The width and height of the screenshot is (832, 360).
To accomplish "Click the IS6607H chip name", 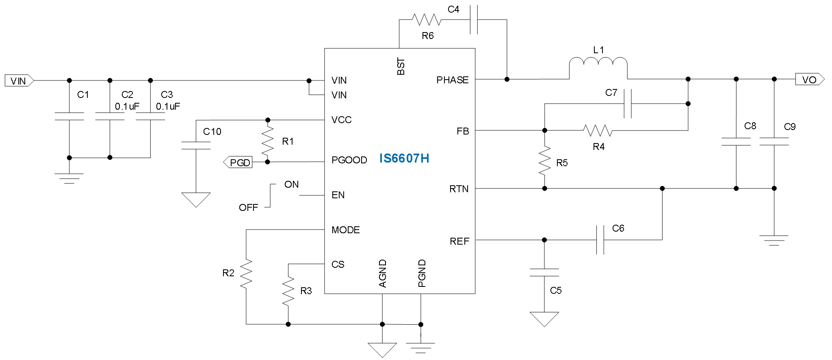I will coord(404,158).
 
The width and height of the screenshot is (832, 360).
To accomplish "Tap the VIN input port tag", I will coord(19,81).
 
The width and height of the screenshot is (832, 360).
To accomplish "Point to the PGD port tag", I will coord(238,163).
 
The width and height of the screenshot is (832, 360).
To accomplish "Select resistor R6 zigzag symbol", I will coord(426,20).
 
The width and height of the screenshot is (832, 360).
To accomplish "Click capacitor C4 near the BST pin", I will coord(473,20).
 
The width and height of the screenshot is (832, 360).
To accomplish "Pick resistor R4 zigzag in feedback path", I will coord(598,130).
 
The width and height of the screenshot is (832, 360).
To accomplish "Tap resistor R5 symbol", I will coord(545,161).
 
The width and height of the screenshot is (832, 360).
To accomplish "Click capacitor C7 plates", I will coord(628,104).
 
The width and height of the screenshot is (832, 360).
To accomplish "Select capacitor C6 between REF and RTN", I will coord(600,240).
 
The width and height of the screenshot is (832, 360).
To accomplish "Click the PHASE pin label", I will coord(452,80).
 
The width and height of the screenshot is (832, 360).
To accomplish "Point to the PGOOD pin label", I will coord(349,160).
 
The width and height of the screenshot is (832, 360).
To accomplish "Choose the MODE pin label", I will coord(345,230).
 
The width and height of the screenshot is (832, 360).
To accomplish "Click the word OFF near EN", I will coord(248,208).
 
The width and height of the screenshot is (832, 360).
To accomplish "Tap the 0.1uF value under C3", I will coord(168,107).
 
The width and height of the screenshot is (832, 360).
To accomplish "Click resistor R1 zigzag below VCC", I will coord(267,141).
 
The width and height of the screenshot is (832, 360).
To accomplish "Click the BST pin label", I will coord(401,67).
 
